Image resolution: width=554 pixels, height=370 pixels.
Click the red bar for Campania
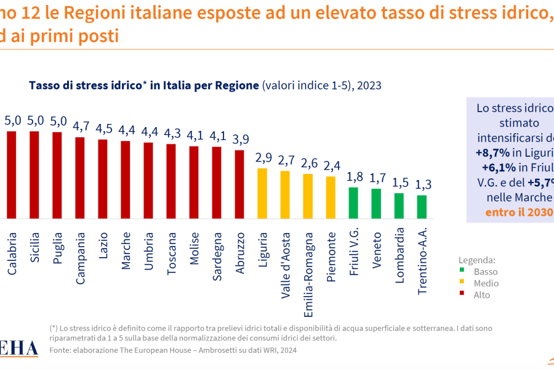80,178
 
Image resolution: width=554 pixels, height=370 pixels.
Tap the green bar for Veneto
376,203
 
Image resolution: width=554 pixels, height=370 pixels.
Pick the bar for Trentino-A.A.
422,207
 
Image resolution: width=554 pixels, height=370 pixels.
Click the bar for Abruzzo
239,184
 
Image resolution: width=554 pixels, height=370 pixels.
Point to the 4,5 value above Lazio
103,129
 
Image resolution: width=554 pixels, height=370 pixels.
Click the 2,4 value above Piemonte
331,166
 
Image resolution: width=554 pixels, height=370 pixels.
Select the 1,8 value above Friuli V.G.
353,178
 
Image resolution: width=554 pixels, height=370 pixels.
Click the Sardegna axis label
217,255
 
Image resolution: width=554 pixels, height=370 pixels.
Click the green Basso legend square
462,272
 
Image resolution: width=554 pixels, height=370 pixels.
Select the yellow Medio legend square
462,284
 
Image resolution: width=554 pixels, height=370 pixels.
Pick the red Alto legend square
462,295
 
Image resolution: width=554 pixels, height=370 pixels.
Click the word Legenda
477,260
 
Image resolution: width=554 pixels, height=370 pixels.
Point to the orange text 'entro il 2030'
519,213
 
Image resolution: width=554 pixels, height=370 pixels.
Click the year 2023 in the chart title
369,86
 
